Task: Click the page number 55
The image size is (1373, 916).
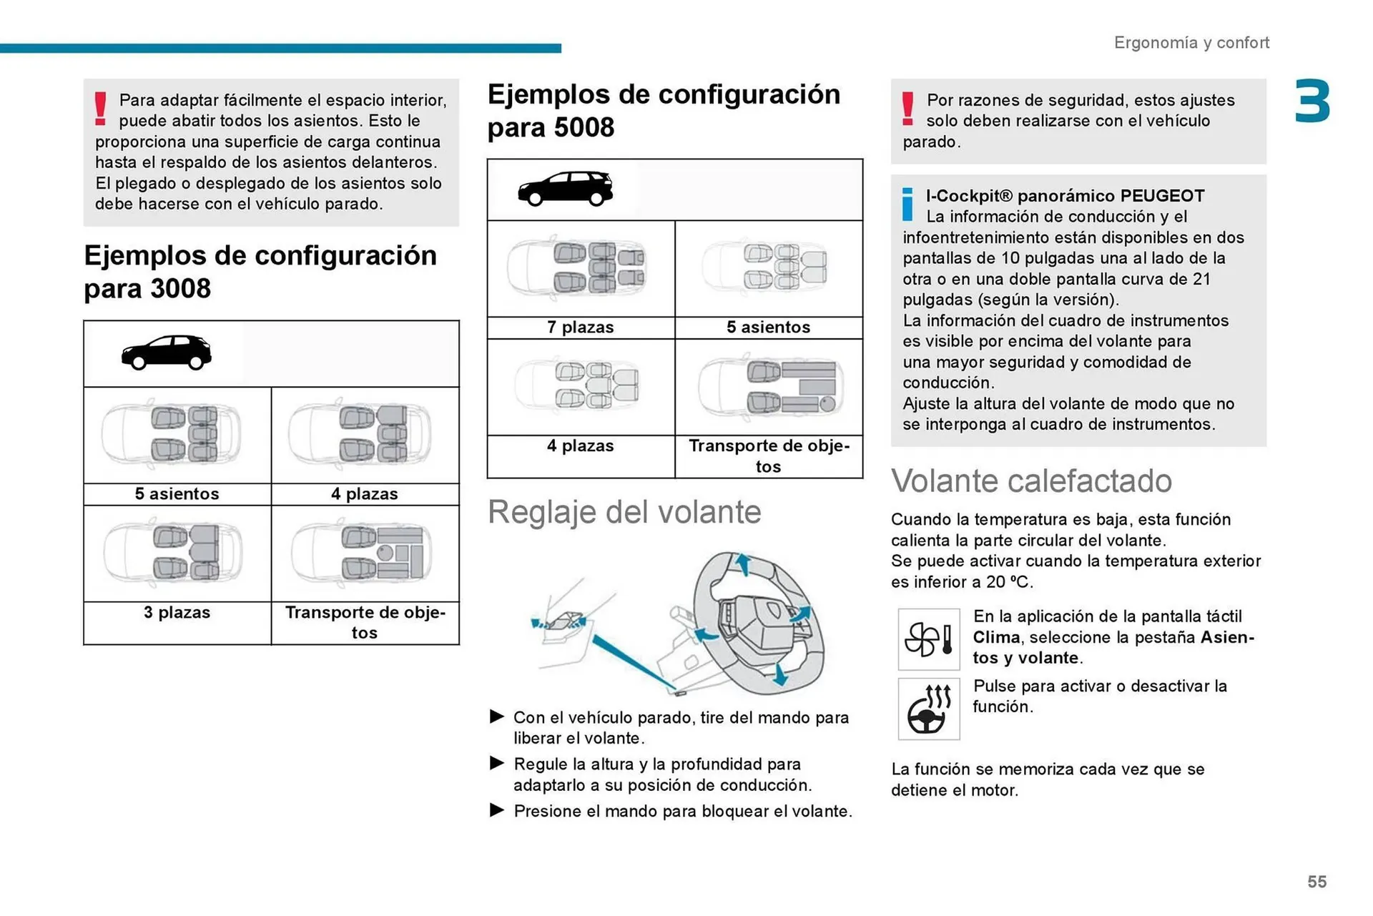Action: tap(1317, 882)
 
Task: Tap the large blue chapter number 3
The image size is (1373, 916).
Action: tap(1312, 102)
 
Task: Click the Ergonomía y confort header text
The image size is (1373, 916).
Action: tap(1191, 43)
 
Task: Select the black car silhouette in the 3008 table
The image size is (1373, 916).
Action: tap(167, 353)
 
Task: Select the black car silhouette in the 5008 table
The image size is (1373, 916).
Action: tap(566, 189)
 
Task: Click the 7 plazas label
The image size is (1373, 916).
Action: tap(580, 328)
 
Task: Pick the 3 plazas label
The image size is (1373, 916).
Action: tap(177, 613)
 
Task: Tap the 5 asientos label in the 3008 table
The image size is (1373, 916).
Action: tap(177, 494)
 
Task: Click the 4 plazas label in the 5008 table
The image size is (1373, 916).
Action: tap(580, 446)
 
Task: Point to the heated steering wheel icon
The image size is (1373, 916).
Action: tap(928, 709)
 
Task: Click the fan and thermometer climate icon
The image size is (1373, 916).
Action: tap(928, 639)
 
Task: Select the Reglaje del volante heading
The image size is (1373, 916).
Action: tap(624, 513)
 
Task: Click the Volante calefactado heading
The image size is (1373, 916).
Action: tap(1030, 481)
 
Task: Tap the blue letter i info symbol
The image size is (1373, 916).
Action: tap(907, 205)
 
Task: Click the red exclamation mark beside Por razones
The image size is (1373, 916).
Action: tap(907, 109)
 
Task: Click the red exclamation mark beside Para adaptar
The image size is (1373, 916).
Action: tap(100, 109)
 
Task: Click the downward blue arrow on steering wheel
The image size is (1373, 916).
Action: tap(781, 674)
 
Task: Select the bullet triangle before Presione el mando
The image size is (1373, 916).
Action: tap(497, 810)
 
